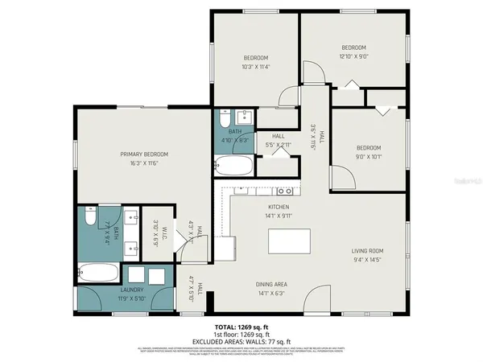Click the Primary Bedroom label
coord(144,154)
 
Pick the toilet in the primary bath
coord(88,216)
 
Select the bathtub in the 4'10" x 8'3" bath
coord(234,167)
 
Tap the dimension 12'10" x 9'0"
coord(353,56)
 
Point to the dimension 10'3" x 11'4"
coord(255,67)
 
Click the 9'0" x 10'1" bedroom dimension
coord(368,157)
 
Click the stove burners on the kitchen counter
coord(284,191)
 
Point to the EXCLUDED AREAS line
coord(241,340)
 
